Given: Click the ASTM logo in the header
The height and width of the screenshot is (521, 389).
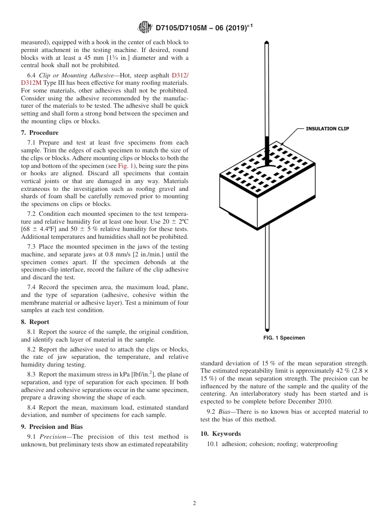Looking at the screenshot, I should tap(145, 27).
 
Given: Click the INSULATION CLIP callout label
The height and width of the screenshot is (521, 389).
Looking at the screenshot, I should tap(327, 129).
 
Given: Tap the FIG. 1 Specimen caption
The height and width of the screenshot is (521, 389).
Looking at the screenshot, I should tap(284, 338).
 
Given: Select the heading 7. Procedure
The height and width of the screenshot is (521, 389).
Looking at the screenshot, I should tap(40, 133).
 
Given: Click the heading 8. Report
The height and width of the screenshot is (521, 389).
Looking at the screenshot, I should tap(35, 322).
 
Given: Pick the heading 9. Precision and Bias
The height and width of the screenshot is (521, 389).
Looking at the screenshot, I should tap(52, 427).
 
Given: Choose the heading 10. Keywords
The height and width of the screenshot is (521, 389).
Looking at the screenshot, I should tap(220, 434).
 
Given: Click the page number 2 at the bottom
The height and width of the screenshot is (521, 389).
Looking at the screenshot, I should tap(194, 503).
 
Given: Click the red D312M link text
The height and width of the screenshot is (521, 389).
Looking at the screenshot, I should tap(31, 83).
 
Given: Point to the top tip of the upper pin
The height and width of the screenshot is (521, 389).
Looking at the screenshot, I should tap(267, 42).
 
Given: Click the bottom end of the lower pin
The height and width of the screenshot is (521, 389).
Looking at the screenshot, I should tap(267, 329).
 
